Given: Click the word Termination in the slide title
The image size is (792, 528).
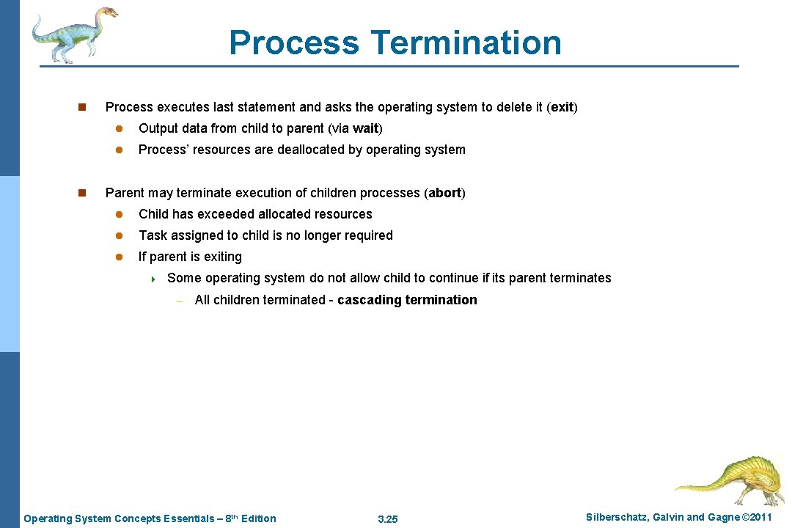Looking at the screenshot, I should click(466, 43).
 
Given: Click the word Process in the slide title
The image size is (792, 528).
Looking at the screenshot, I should click(294, 43).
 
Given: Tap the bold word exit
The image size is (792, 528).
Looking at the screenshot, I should click(562, 107).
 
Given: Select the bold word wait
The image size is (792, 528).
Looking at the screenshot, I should click(365, 128).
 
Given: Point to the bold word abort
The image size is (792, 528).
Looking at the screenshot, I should click(444, 193).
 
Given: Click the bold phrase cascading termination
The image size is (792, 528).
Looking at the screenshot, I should click(407, 300).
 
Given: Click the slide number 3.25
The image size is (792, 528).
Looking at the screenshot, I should click(387, 519).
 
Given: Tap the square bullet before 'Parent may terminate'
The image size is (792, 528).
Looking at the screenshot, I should click(82, 193).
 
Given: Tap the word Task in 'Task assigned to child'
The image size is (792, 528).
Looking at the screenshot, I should click(153, 235).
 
